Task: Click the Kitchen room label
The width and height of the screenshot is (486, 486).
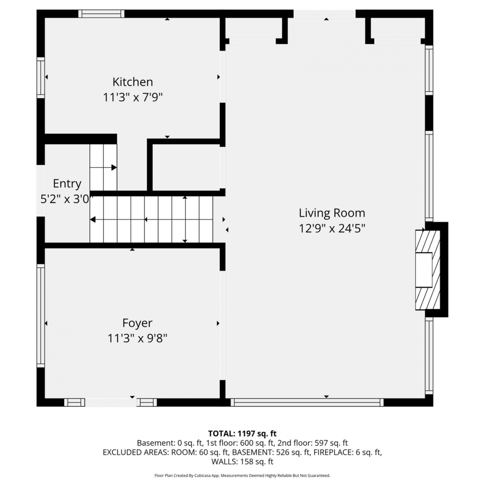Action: coord(133,82)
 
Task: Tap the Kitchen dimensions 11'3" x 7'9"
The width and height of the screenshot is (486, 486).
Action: coord(133,97)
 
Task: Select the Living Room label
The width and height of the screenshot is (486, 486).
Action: coord(332,213)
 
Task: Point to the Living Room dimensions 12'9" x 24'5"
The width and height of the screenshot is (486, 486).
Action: coord(332,228)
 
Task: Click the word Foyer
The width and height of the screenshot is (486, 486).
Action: coord(137,323)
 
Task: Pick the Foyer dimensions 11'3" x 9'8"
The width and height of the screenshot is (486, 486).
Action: coord(137,339)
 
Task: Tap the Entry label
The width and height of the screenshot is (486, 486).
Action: coord(67,184)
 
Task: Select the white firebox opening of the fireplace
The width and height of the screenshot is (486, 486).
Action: coord(424,270)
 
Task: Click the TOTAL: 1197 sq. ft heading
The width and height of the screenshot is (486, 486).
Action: coord(242,434)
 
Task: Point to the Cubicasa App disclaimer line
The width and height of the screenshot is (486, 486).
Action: coord(242,476)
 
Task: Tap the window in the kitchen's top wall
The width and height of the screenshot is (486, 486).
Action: coord(101,14)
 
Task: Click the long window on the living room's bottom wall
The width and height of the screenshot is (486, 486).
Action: coord(307,402)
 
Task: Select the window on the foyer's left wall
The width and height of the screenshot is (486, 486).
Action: coord(40,316)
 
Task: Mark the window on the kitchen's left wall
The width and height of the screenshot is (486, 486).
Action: coord(40,77)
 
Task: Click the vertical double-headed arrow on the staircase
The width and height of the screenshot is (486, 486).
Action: coord(185,219)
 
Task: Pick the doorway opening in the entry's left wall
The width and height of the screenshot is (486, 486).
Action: coord(40,191)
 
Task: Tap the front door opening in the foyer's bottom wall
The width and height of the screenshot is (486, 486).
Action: coord(110,402)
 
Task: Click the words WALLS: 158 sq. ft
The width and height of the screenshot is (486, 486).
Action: coord(242,462)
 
